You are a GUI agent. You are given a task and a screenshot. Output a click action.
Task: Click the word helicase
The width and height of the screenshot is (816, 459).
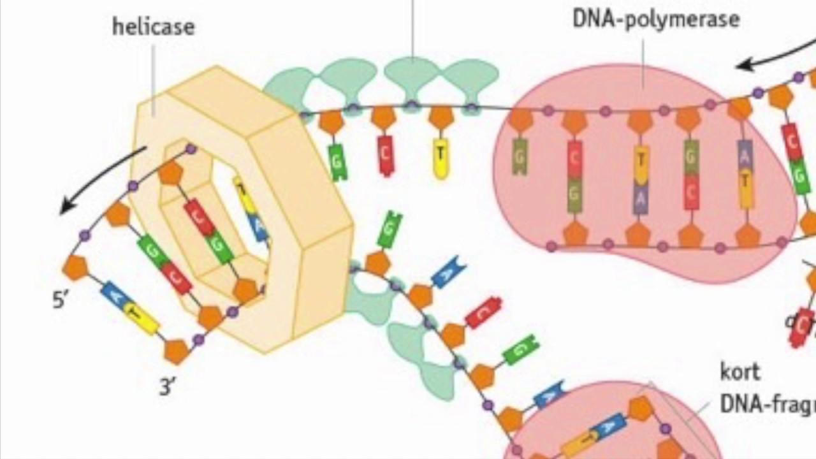tap(153, 27)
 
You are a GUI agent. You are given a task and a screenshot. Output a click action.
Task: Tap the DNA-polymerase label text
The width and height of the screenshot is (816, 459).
tap(656, 18)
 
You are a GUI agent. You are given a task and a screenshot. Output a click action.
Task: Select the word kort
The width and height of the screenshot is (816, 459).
tap(740, 371)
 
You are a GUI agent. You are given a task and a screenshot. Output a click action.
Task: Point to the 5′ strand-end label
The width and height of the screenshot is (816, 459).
tap(60, 300)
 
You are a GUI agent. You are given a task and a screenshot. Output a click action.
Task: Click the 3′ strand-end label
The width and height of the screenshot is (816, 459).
tap(167, 386)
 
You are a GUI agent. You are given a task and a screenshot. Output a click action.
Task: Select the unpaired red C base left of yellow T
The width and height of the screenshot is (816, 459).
tap(386, 155)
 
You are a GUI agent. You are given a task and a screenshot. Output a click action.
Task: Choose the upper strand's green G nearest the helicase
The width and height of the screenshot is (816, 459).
tap(338, 161)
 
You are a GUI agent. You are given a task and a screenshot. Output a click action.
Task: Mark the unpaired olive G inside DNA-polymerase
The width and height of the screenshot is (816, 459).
tap(520, 157)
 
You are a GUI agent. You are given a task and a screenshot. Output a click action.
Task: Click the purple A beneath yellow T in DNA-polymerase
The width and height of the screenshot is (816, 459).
tap(641, 198)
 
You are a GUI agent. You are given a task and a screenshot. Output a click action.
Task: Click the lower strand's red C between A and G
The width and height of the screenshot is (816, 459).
tap(483, 312)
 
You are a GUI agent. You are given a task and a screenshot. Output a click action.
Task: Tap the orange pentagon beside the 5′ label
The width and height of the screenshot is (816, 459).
tap(75, 268)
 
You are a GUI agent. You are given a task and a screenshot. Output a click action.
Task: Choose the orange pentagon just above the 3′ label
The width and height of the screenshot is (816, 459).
tap(176, 351)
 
